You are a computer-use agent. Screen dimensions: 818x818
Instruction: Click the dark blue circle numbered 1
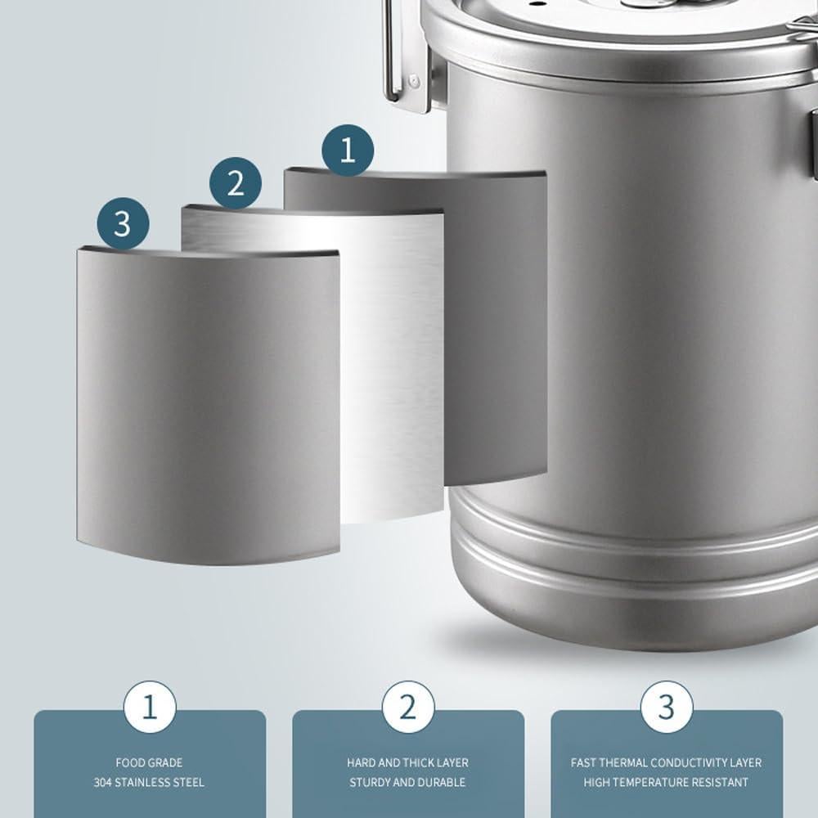pyautogui.click(x=348, y=151)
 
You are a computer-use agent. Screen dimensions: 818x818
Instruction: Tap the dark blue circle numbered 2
pyautogui.click(x=236, y=182)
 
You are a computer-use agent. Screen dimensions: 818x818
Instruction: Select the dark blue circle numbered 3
pyautogui.click(x=123, y=222)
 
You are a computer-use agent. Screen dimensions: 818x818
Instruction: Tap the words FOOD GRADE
pyautogui.click(x=149, y=762)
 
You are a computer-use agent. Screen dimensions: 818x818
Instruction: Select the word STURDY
pyautogui.click(x=371, y=783)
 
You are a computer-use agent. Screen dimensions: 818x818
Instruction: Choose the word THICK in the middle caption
pyautogui.click(x=416, y=762)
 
